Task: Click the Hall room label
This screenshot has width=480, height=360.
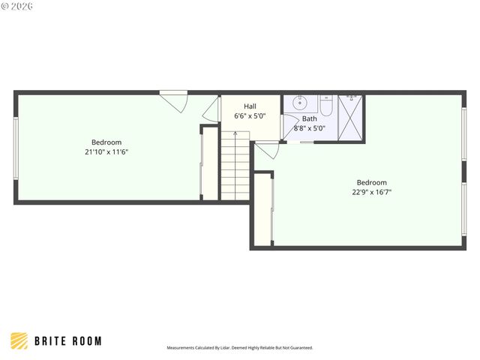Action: coord(250,106)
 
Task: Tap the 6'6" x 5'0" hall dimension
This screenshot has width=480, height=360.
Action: coord(250,116)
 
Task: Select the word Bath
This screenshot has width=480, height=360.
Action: coord(309,118)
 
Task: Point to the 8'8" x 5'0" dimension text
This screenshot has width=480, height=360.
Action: coord(309,128)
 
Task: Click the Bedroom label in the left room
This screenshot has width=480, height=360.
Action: coord(106,142)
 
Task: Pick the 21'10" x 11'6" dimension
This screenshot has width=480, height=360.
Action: coord(106,152)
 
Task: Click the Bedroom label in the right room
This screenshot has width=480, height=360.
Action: coord(371,182)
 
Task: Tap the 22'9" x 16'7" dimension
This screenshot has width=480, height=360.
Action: coord(371,192)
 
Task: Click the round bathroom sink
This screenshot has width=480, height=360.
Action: coord(300,103)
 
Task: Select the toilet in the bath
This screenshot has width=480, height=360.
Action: coord(327,105)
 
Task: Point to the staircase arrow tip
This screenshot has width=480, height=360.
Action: coord(235,133)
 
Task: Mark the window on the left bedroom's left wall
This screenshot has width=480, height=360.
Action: coord(16,147)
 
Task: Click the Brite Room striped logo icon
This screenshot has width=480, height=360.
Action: coord(19,340)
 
